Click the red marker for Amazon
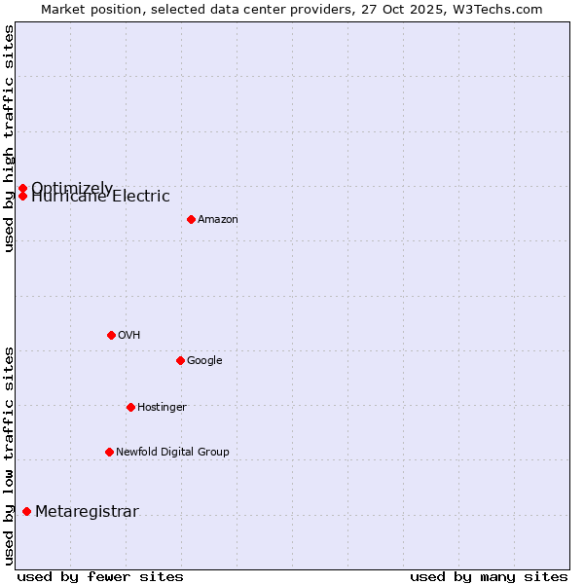191,219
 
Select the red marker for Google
180,360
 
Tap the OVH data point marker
111,335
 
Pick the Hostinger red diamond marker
130,407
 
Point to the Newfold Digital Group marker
109,452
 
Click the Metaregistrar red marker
26,512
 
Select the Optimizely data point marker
22,188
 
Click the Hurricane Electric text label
100,197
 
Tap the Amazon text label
217,220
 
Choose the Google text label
204,361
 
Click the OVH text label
128,336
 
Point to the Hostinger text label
162,408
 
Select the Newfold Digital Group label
172,453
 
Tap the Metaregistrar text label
87,512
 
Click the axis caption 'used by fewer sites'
100,576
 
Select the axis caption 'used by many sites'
489,576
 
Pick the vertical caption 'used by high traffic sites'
9,138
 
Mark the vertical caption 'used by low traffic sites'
9,455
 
